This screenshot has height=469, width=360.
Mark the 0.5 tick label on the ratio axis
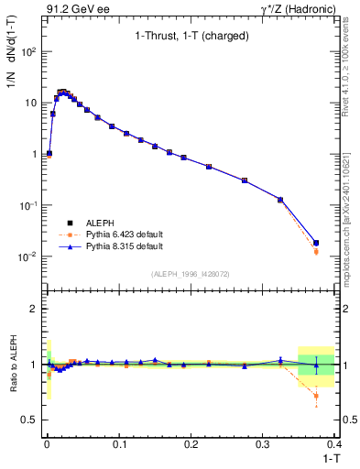point(32,420)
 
